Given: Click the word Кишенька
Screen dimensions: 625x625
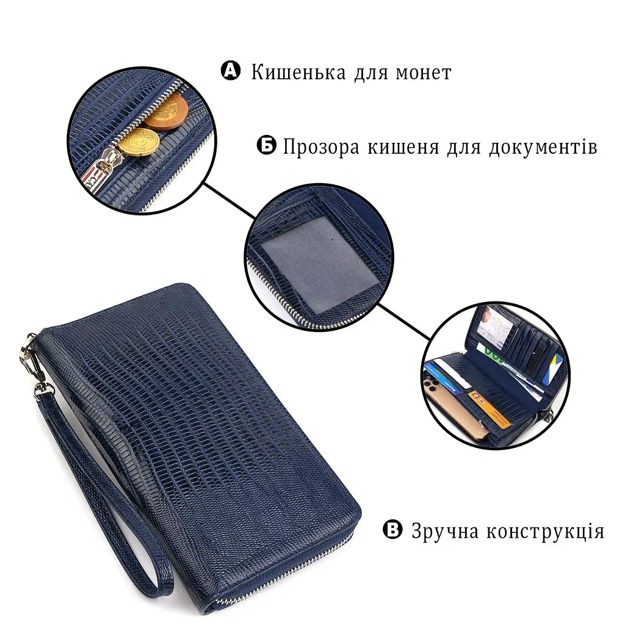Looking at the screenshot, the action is tap(298, 73).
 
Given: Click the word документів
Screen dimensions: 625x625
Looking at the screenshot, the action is tap(543, 147).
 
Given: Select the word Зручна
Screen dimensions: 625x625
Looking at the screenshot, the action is tap(445, 532).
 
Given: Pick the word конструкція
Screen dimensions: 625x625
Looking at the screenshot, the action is tap(546, 532).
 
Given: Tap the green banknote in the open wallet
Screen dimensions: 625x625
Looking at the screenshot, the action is tap(493, 353).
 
